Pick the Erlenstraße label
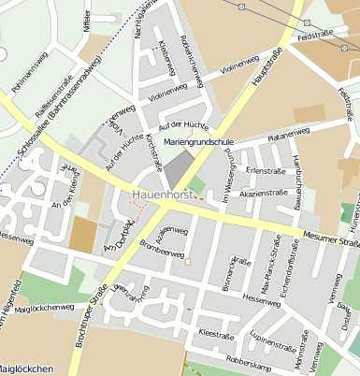click(x=266, y=170)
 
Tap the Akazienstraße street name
click(x=263, y=193)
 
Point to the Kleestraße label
click(x=216, y=333)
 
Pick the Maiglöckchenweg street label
click(x=45, y=307)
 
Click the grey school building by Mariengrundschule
click(x=176, y=169)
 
